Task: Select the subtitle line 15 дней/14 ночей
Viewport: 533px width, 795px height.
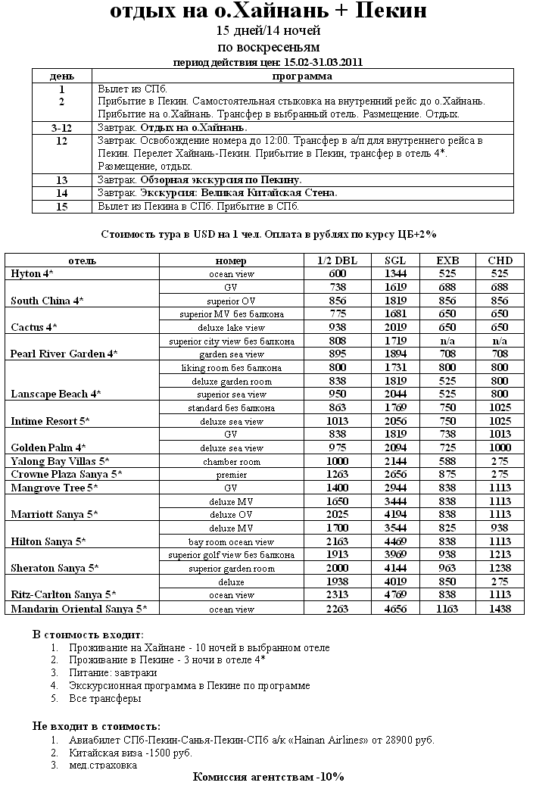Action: pyautogui.click(x=268, y=31)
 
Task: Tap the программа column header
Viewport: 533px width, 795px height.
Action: pyautogui.click(x=302, y=76)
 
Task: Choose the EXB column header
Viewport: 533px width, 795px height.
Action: pyautogui.click(x=447, y=260)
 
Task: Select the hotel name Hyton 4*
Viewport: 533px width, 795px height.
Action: pyautogui.click(x=32, y=273)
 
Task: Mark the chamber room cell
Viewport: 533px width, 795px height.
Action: pyautogui.click(x=231, y=461)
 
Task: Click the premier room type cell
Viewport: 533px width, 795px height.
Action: pyautogui.click(x=231, y=475)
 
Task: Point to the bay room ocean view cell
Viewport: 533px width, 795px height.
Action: pyautogui.click(x=231, y=541)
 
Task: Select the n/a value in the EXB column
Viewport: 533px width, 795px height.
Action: pyautogui.click(x=447, y=341)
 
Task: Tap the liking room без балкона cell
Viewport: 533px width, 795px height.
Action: pyautogui.click(x=231, y=367)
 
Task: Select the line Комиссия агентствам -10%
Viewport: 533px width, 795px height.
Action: pyautogui.click(x=268, y=778)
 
